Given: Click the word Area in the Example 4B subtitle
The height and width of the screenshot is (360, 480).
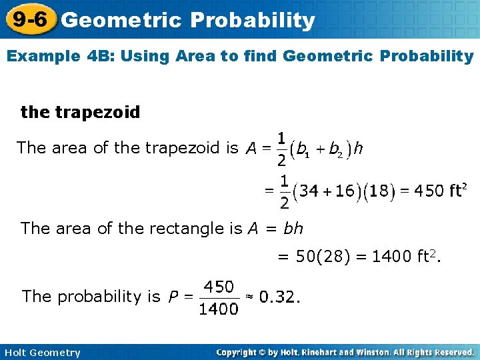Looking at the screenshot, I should click(x=209, y=56).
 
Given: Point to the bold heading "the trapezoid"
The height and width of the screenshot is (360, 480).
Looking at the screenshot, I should click(x=81, y=112).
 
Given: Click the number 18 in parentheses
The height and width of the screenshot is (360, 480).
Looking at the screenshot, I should click(x=377, y=191).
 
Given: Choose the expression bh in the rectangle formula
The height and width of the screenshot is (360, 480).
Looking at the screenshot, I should click(x=293, y=229).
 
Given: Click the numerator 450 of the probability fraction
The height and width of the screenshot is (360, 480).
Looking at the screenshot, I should click(x=219, y=287).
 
